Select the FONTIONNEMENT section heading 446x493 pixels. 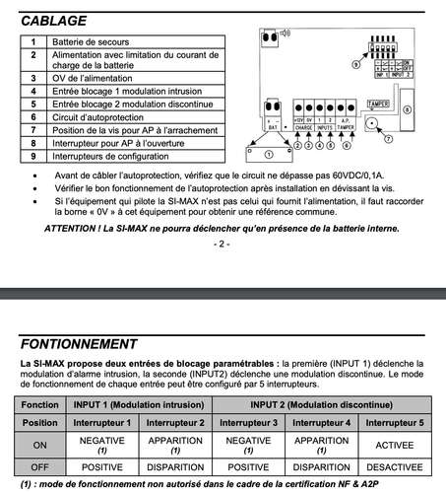(79, 344)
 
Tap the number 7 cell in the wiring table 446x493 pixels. (32, 129)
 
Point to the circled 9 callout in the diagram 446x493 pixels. (356, 77)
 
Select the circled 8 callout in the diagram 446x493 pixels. (408, 109)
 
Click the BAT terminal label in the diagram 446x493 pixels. (274, 127)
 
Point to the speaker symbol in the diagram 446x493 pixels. (285, 33)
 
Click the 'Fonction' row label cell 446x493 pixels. (40, 404)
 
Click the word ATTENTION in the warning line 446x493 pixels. (74, 228)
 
